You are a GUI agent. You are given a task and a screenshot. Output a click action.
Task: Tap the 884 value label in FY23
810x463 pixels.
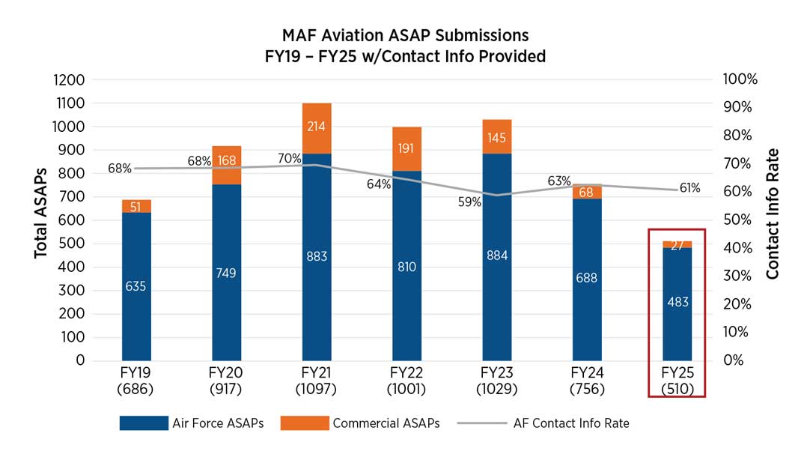point(497,255)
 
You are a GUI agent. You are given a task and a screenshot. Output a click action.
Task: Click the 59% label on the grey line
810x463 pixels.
point(470,202)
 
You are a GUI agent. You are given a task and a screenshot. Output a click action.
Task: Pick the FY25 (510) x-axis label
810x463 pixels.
point(677,380)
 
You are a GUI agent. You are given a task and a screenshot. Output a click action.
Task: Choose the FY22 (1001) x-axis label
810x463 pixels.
point(406,380)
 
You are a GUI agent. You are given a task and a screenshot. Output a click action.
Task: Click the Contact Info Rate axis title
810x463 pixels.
point(773,214)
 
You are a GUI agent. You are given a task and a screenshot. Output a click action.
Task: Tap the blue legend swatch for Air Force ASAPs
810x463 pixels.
point(144,423)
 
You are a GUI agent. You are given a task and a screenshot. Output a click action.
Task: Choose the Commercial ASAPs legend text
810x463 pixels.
point(386,423)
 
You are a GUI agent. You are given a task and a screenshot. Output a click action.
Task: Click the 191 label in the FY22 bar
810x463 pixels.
point(406,148)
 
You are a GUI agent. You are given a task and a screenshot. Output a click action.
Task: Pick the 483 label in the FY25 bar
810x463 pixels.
point(677,302)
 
